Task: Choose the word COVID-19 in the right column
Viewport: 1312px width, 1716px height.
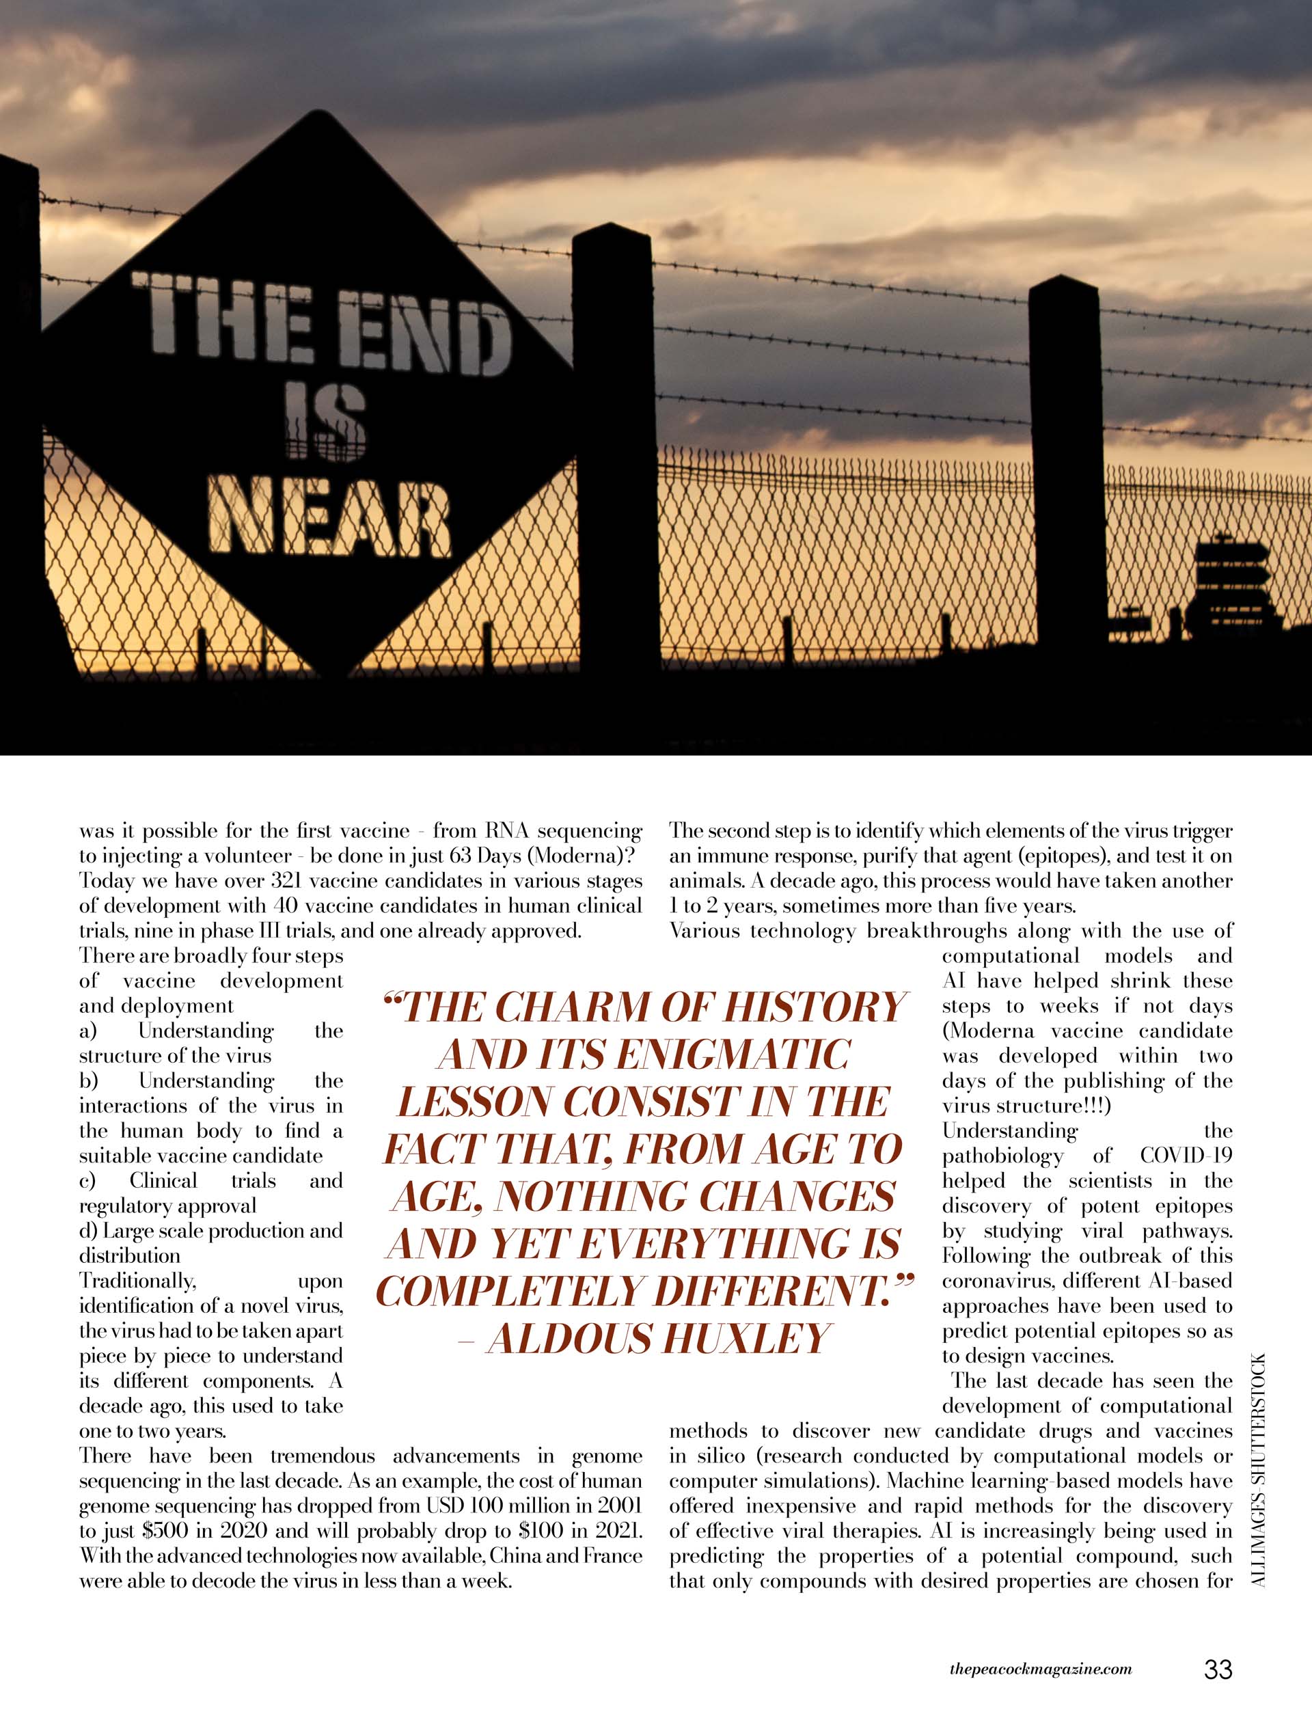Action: pyautogui.click(x=1186, y=1156)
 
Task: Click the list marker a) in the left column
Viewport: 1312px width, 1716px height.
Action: pyautogui.click(x=87, y=1031)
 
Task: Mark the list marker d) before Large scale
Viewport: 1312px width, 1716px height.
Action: pyautogui.click(x=87, y=1231)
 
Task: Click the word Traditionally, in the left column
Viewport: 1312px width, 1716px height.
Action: pyautogui.click(x=137, y=1281)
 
